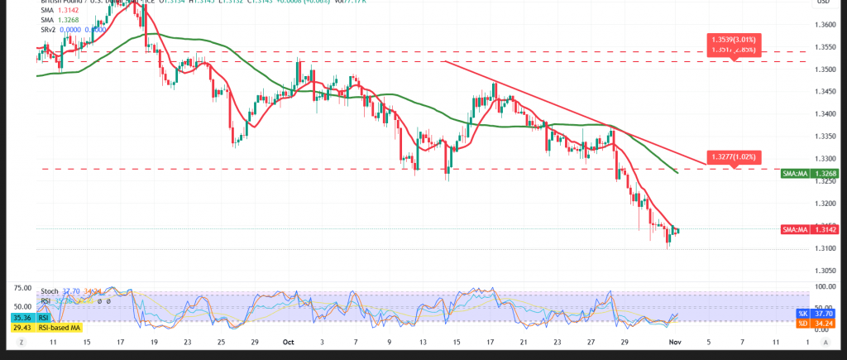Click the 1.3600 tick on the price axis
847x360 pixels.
click(x=823, y=25)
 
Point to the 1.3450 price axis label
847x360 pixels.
click(x=823, y=92)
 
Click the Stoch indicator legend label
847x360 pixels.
click(x=50, y=290)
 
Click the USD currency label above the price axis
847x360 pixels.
click(x=823, y=2)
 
